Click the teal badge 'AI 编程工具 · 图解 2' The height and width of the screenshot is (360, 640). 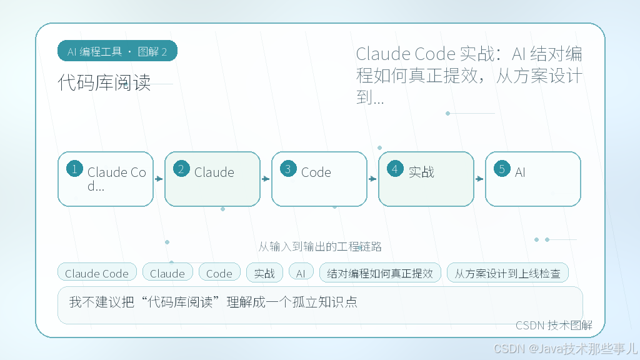[x=117, y=51]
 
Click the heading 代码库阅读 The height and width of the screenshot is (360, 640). [x=104, y=82]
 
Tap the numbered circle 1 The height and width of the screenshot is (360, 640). [x=74, y=169]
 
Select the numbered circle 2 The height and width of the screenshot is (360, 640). [x=181, y=169]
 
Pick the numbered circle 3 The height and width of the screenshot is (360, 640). [x=288, y=169]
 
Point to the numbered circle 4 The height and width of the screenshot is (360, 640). [x=395, y=169]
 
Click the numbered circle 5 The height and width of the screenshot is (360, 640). [x=502, y=169]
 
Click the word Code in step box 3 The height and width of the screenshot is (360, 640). [x=316, y=172]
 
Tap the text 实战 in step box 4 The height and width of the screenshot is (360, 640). [x=421, y=172]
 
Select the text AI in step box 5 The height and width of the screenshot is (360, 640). [x=520, y=172]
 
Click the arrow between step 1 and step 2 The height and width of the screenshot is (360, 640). [x=159, y=179]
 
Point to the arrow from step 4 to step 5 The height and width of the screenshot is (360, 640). [x=479, y=179]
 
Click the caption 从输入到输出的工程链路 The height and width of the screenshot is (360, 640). [x=320, y=246]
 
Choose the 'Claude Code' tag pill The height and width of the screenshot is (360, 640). [x=97, y=273]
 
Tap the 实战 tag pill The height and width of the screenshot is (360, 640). [x=264, y=273]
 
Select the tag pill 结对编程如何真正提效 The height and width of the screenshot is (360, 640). [x=380, y=273]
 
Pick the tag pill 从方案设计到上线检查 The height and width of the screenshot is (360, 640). [x=507, y=273]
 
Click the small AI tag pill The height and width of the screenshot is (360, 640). [x=301, y=273]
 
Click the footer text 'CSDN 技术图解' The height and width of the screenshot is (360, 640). [x=554, y=325]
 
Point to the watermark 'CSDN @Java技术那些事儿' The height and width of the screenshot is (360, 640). [x=565, y=348]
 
